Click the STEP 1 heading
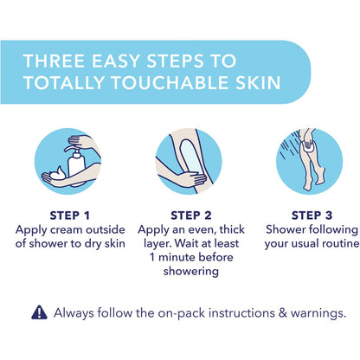pyautogui.click(x=70, y=215)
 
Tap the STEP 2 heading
pyautogui.click(x=191, y=215)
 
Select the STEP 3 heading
pyautogui.click(x=312, y=215)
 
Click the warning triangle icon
pyautogui.click(x=39, y=312)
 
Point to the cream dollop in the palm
pyautogui.click(x=58, y=173)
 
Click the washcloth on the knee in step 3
pyautogui.click(x=308, y=145)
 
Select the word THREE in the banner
pyautogui.click(x=54, y=61)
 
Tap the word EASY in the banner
pyautogui.click(x=116, y=61)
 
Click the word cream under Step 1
pyautogui.click(x=66, y=230)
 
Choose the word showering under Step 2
pyautogui.click(x=191, y=272)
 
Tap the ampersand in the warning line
pyautogui.click(x=283, y=313)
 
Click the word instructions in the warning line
pyautogui.click(x=241, y=313)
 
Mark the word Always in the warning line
pyautogui.click(x=74, y=313)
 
